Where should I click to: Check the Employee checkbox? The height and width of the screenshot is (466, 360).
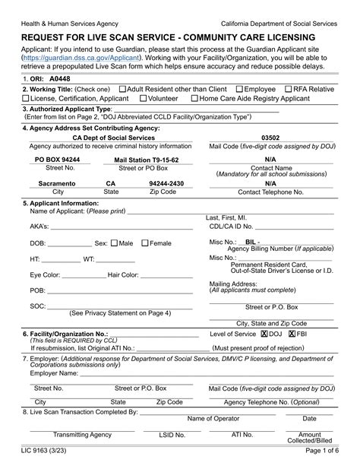click(241, 89)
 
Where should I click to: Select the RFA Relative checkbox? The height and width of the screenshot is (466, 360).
click(289, 89)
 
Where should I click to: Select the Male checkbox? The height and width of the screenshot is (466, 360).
click(115, 243)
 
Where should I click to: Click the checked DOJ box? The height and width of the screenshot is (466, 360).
click(264, 334)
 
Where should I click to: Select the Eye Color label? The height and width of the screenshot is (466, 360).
click(47, 274)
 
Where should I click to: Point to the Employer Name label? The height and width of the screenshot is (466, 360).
click(54, 373)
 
